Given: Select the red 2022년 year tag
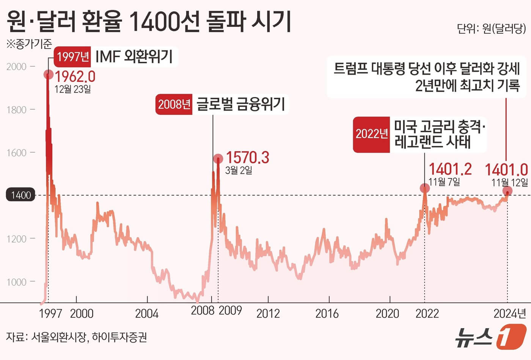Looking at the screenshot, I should [371, 134].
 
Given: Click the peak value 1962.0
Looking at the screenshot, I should [75, 77].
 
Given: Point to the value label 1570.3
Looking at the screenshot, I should [247, 157].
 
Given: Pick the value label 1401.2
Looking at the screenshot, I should [450, 169].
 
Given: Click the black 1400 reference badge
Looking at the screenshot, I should [20, 195].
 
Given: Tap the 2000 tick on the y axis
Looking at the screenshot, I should [17, 67].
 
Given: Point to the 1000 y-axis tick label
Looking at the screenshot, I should [17, 282].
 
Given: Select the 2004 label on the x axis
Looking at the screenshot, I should [147, 313].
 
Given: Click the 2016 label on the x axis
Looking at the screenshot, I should [327, 313].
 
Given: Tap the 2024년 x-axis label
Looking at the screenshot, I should [509, 313].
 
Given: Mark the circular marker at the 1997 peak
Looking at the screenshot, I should [49, 74].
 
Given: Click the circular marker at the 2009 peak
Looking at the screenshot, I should [218, 158].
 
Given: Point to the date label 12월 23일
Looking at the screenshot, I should [72, 89].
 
